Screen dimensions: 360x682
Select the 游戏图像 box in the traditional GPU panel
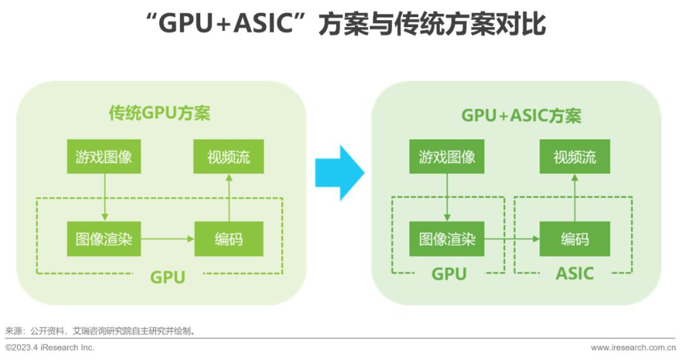pyautogui.click(x=104, y=157)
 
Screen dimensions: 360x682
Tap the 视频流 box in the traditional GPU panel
pyautogui.click(x=229, y=157)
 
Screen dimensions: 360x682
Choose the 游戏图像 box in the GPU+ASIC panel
pyautogui.click(x=447, y=157)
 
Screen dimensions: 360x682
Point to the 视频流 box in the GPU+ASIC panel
pyautogui.click(x=575, y=157)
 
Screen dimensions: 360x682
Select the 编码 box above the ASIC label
pyautogui.click(x=575, y=239)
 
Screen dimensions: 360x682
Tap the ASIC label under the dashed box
pyautogui.click(x=575, y=273)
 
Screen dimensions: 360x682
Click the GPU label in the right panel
pyautogui.click(x=448, y=273)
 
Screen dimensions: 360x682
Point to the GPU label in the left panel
pyautogui.click(x=167, y=277)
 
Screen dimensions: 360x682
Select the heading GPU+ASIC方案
pyautogui.click(x=521, y=116)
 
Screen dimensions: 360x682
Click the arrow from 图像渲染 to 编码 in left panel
pyautogui.click(x=167, y=239)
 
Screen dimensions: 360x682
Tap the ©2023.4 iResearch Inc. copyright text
pyautogui.click(x=50, y=347)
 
